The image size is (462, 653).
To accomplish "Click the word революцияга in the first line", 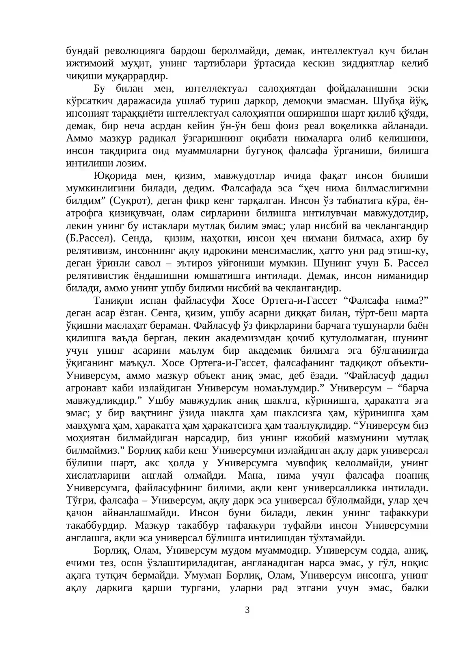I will pos(134,51).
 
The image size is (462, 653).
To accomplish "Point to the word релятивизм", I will pos(92,251).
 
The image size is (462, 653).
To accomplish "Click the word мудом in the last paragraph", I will pos(236,551).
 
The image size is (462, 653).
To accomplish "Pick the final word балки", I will pos(415,588).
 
